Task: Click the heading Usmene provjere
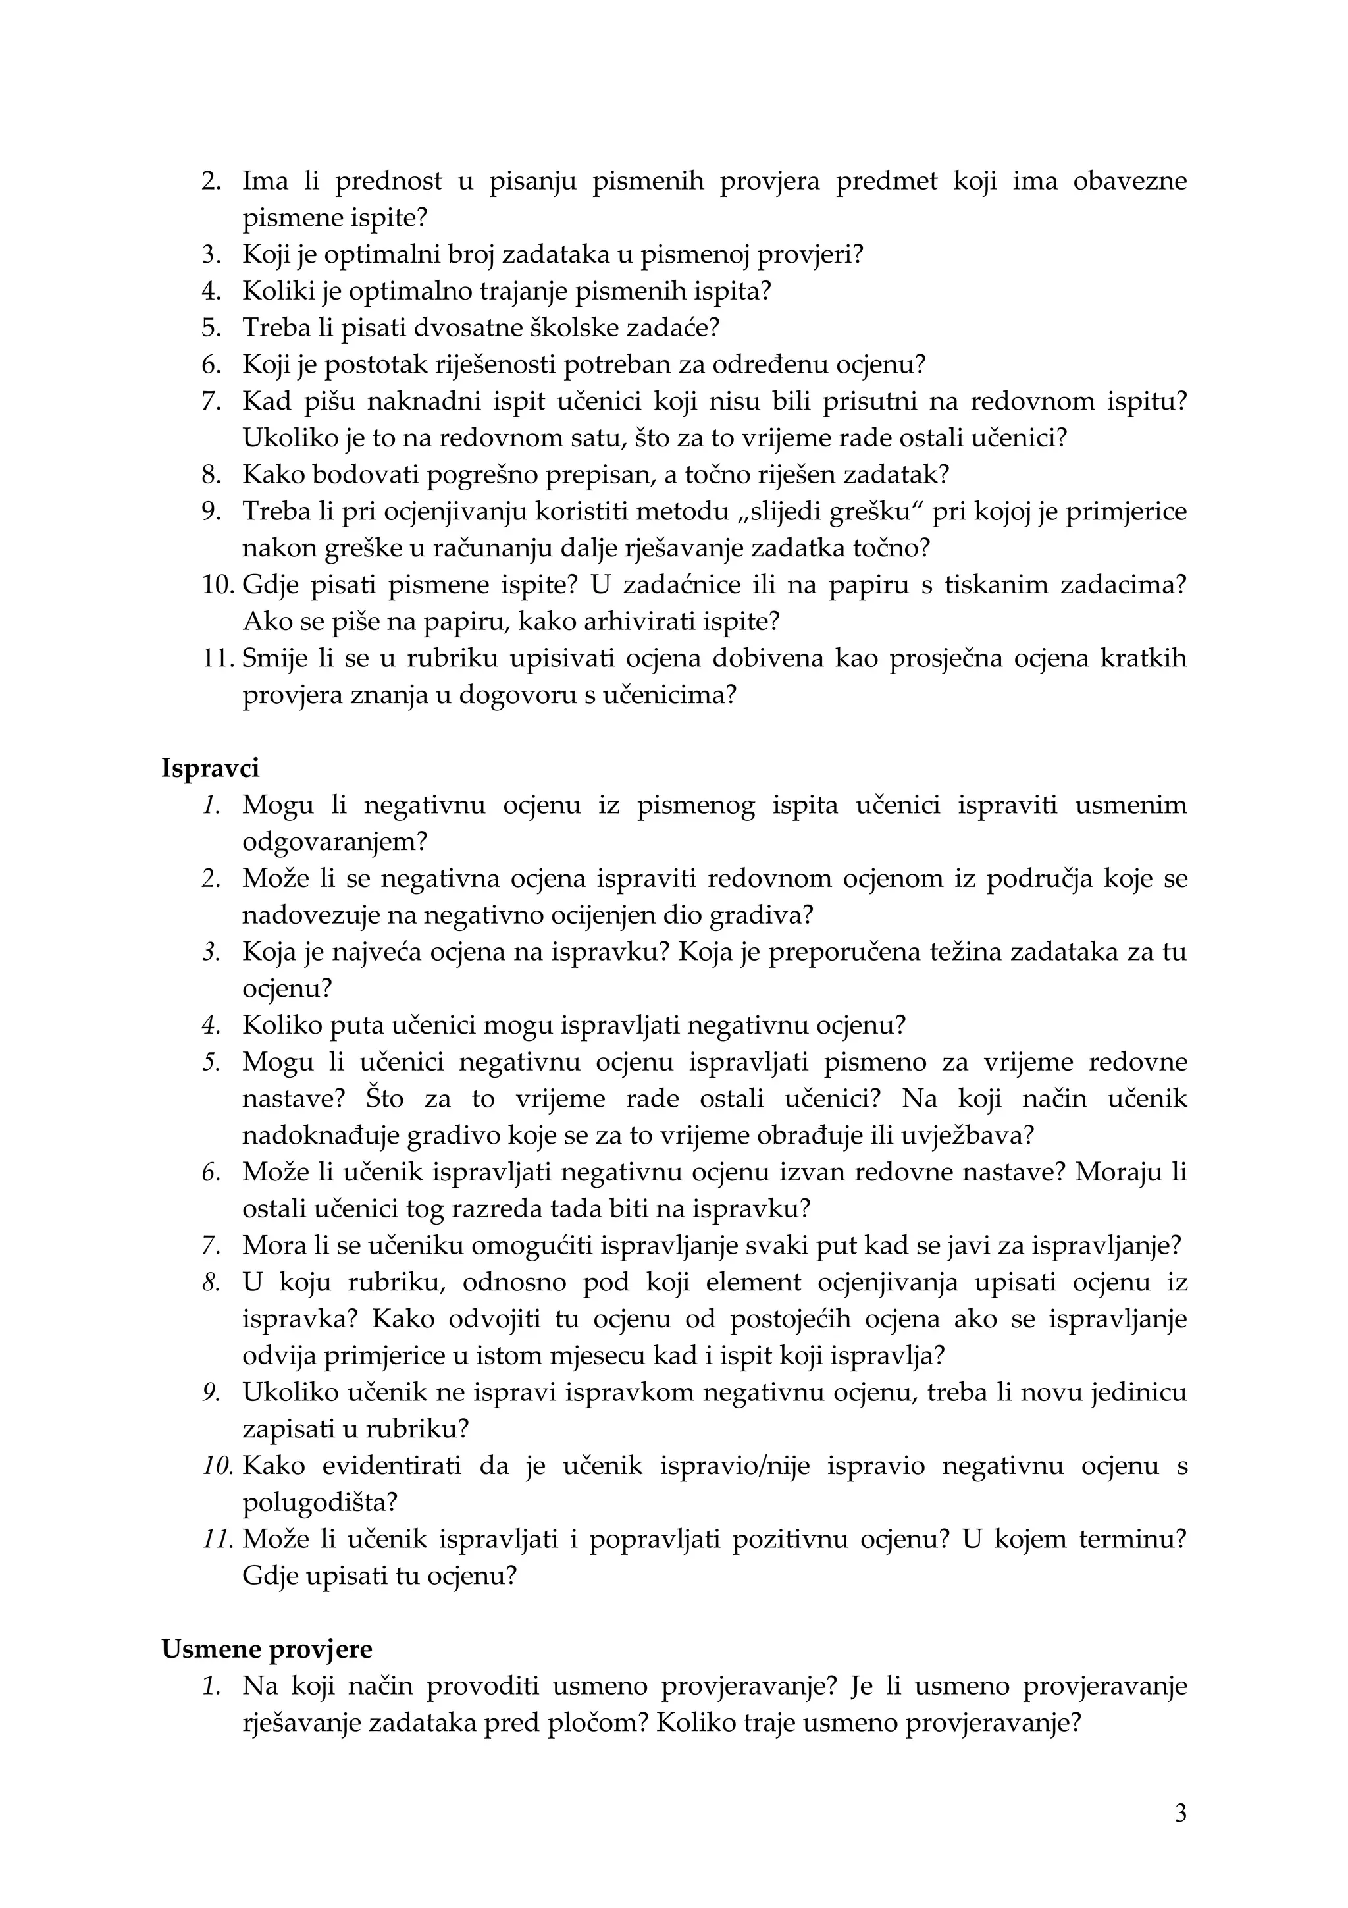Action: (x=267, y=1649)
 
